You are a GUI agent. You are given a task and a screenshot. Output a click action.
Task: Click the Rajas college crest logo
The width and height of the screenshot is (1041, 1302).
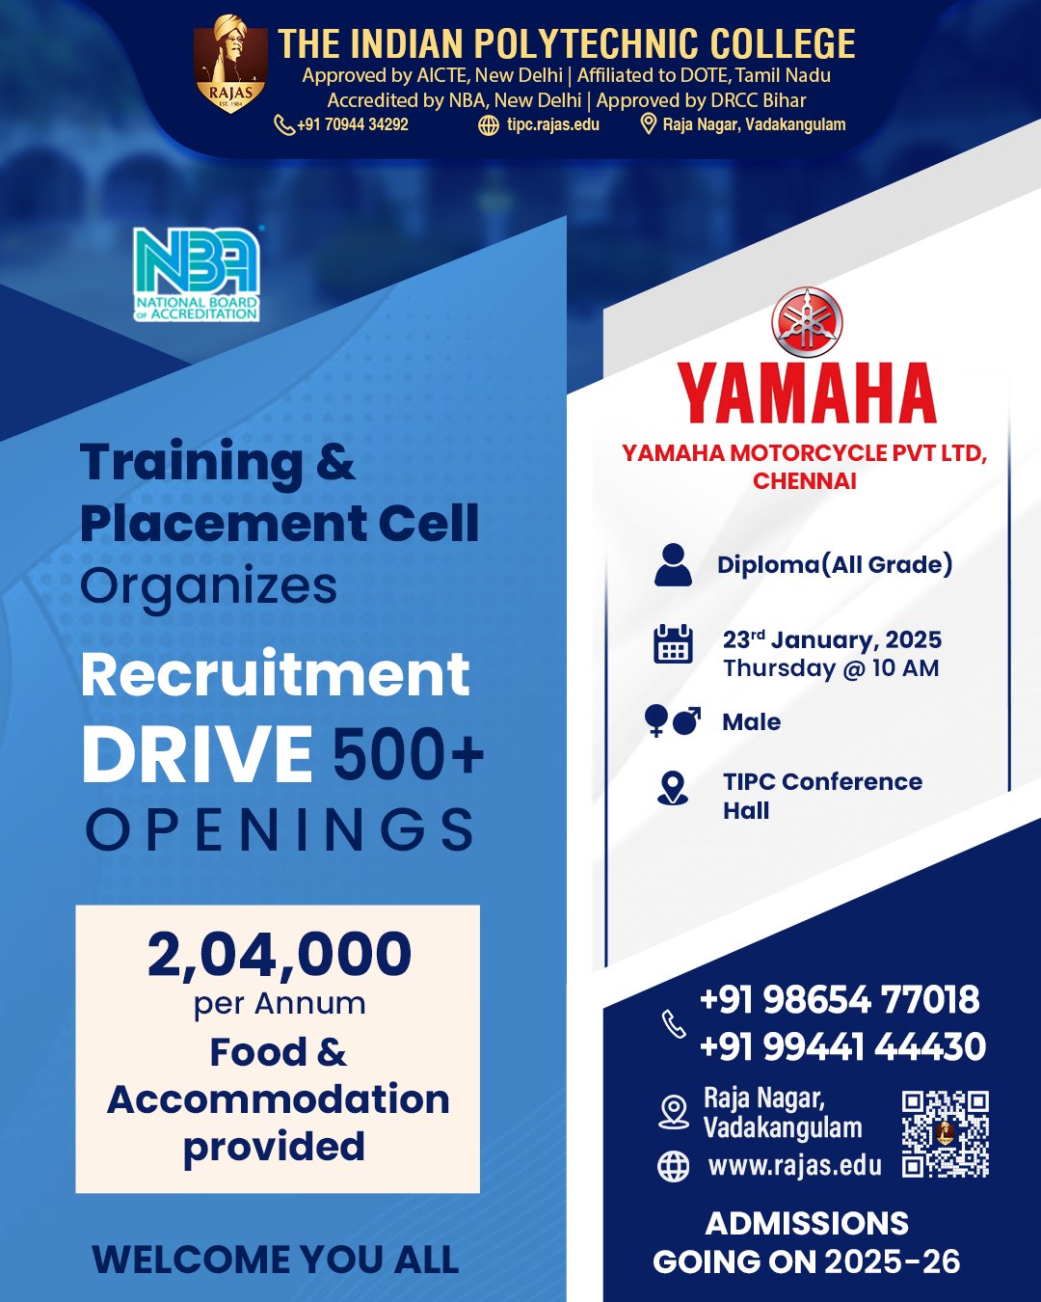pyautogui.click(x=230, y=64)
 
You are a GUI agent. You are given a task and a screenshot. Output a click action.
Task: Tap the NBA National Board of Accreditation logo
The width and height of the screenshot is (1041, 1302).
pyautogui.click(x=197, y=274)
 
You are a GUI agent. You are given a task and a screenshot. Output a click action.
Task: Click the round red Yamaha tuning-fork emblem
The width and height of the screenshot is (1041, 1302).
pyautogui.click(x=807, y=321)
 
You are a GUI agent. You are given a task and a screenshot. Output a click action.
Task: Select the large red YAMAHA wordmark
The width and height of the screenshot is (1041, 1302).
pyautogui.click(x=807, y=393)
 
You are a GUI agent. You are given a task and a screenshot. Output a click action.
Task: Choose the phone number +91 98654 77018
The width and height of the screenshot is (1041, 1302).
pyautogui.click(x=840, y=999)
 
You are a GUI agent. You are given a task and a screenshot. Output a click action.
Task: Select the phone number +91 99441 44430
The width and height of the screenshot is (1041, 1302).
pyautogui.click(x=842, y=1046)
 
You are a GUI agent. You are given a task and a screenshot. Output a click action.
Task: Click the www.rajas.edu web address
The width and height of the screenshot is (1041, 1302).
pyautogui.click(x=795, y=1165)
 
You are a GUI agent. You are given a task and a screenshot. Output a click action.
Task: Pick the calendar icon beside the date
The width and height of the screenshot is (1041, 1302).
pyautogui.click(x=673, y=643)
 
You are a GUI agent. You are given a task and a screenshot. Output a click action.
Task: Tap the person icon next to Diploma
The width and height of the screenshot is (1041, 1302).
pyautogui.click(x=673, y=565)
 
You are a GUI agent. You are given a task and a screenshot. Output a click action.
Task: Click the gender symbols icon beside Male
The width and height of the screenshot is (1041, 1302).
pyautogui.click(x=672, y=720)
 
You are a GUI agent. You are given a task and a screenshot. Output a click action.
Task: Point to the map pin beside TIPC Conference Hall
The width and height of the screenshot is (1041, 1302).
pyautogui.click(x=673, y=788)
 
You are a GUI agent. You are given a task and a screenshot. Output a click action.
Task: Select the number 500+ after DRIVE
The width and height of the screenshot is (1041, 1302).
pyautogui.click(x=409, y=754)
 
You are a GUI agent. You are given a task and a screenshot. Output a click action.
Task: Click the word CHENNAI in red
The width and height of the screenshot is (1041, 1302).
pyautogui.click(x=805, y=481)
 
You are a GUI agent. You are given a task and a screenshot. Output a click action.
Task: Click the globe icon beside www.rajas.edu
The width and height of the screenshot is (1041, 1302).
pyautogui.click(x=673, y=1165)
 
